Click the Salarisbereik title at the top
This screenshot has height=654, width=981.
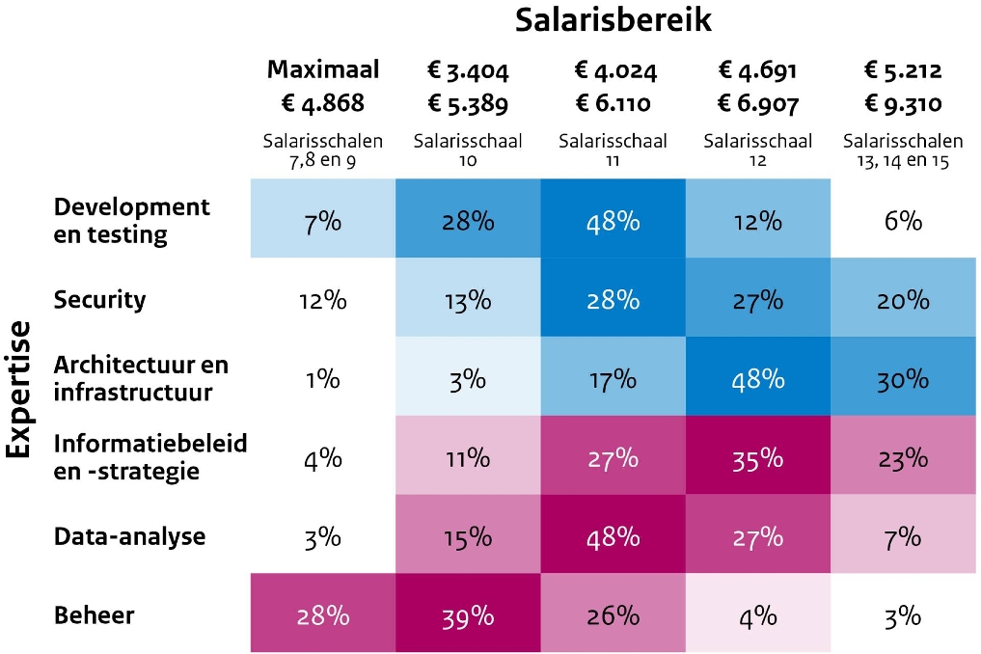click(x=613, y=21)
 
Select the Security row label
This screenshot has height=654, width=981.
click(x=100, y=299)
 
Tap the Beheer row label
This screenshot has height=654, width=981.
click(x=94, y=615)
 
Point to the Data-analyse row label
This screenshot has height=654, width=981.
click(x=129, y=536)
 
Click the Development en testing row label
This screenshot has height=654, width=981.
click(x=131, y=220)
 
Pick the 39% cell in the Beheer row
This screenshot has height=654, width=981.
click(x=467, y=615)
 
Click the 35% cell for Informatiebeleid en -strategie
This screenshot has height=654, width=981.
click(x=757, y=457)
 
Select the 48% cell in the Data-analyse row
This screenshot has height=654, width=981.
click(x=613, y=536)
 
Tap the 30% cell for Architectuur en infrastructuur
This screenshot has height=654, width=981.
click(x=902, y=378)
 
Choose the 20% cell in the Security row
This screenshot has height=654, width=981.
click(x=902, y=299)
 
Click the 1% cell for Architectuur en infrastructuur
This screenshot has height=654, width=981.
click(x=322, y=378)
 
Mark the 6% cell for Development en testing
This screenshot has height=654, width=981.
click(x=902, y=220)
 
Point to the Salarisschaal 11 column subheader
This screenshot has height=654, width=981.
click(x=613, y=150)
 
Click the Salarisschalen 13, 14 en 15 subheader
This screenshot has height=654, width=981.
click(x=902, y=150)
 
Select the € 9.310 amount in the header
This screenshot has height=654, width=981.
click(x=902, y=102)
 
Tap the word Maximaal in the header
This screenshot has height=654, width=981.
click(x=322, y=69)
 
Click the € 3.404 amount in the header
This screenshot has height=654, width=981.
click(x=467, y=69)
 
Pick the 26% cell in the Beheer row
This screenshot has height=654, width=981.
click(x=613, y=615)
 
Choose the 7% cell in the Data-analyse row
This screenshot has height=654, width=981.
click(x=902, y=536)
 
